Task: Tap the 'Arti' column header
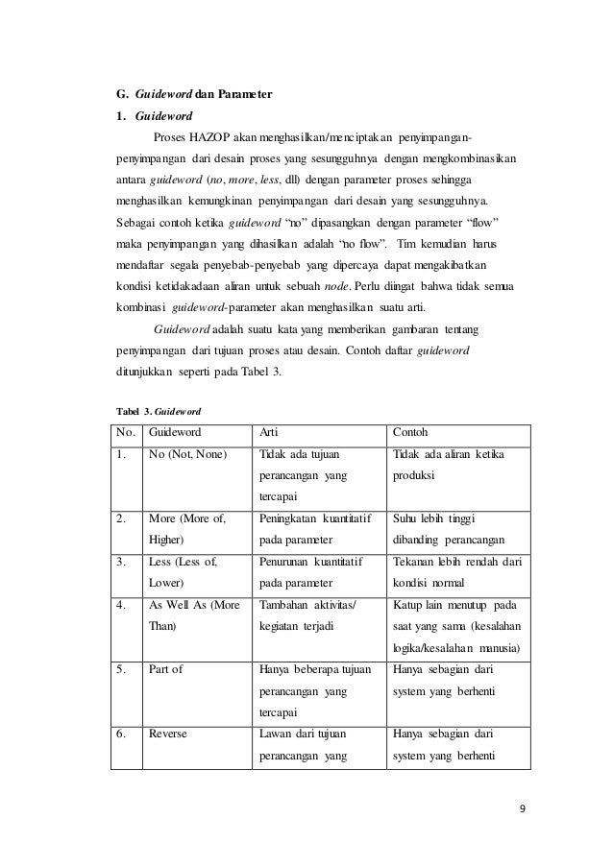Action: pyautogui.click(x=270, y=432)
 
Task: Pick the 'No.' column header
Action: pyautogui.click(x=126, y=432)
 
